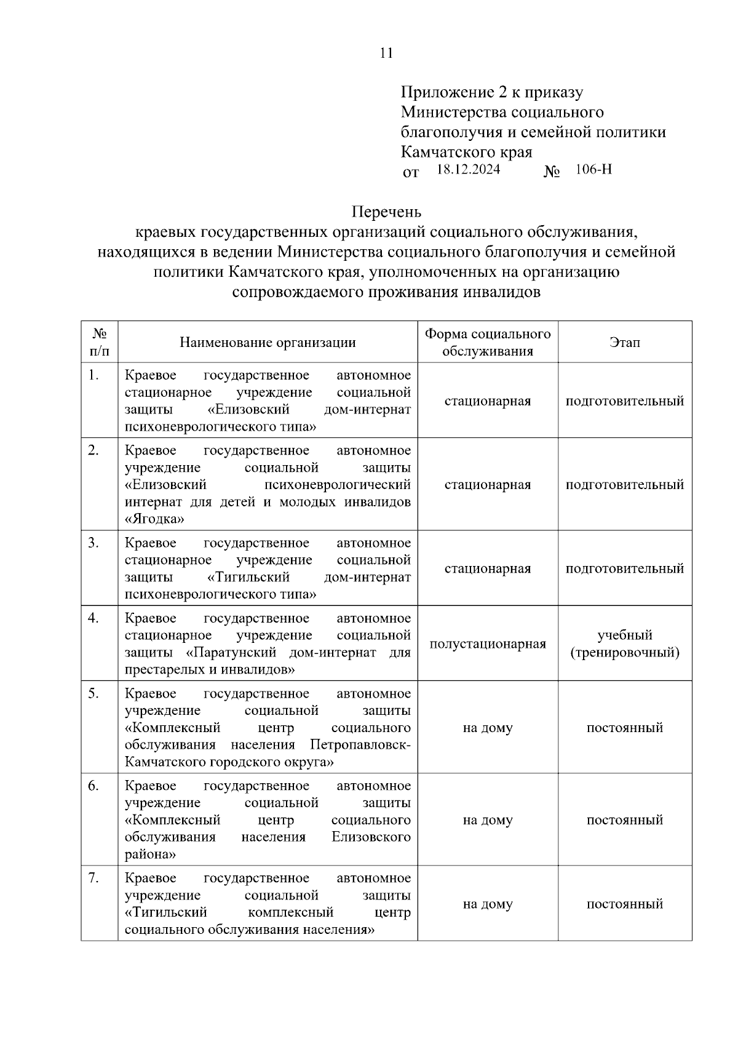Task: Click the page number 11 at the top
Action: pos(386,54)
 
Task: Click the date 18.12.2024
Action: pos(468,170)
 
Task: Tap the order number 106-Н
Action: pos(593,170)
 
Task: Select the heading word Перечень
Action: pos(386,212)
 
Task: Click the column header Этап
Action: pos(624,343)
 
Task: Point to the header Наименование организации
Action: pos(268,343)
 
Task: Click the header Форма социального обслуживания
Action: pos(488,343)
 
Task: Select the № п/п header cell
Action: pos(100,343)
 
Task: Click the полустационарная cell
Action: pos(488,644)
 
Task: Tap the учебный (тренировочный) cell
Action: pos(624,644)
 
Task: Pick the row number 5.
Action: pos(93,694)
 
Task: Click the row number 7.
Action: pos(93,879)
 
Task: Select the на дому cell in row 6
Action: pos(488,820)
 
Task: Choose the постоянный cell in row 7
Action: pos(624,904)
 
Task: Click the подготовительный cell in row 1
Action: pos(624,402)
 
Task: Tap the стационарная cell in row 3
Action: pos(488,569)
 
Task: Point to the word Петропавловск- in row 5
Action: pos(360,745)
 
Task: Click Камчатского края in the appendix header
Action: pos(466,152)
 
